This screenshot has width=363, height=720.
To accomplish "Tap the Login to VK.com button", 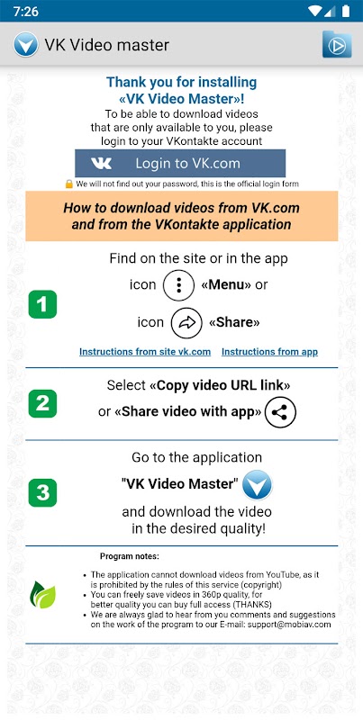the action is tap(180, 163).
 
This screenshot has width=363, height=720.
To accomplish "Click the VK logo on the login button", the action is tap(101, 164).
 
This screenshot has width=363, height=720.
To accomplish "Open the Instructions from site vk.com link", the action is tap(145, 352).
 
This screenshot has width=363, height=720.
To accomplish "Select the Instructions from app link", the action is tap(269, 352).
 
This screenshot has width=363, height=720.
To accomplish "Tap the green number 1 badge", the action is tap(42, 304).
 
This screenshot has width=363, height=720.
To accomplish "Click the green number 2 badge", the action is tap(42, 403).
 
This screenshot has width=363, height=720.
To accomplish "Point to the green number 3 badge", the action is tap(42, 492).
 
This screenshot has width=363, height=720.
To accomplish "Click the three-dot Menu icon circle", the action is tap(178, 285).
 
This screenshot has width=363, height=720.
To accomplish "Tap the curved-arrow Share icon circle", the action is tap(186, 323).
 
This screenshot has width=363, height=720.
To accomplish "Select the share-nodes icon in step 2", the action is tap(280, 412).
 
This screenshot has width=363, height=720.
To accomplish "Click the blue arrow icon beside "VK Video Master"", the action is tap(258, 485).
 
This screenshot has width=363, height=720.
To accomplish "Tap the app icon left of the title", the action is tap(26, 44).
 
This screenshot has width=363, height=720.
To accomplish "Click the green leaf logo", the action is tap(42, 595).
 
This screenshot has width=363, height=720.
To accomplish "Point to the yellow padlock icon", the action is tap(69, 184).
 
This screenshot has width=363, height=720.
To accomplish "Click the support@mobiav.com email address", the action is tap(289, 625).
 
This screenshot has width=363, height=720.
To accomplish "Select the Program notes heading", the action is tap(130, 556).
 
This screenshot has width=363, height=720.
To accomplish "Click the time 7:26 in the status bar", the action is tap(26, 12).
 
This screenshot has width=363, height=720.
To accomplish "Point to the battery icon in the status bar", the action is tap(346, 12).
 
